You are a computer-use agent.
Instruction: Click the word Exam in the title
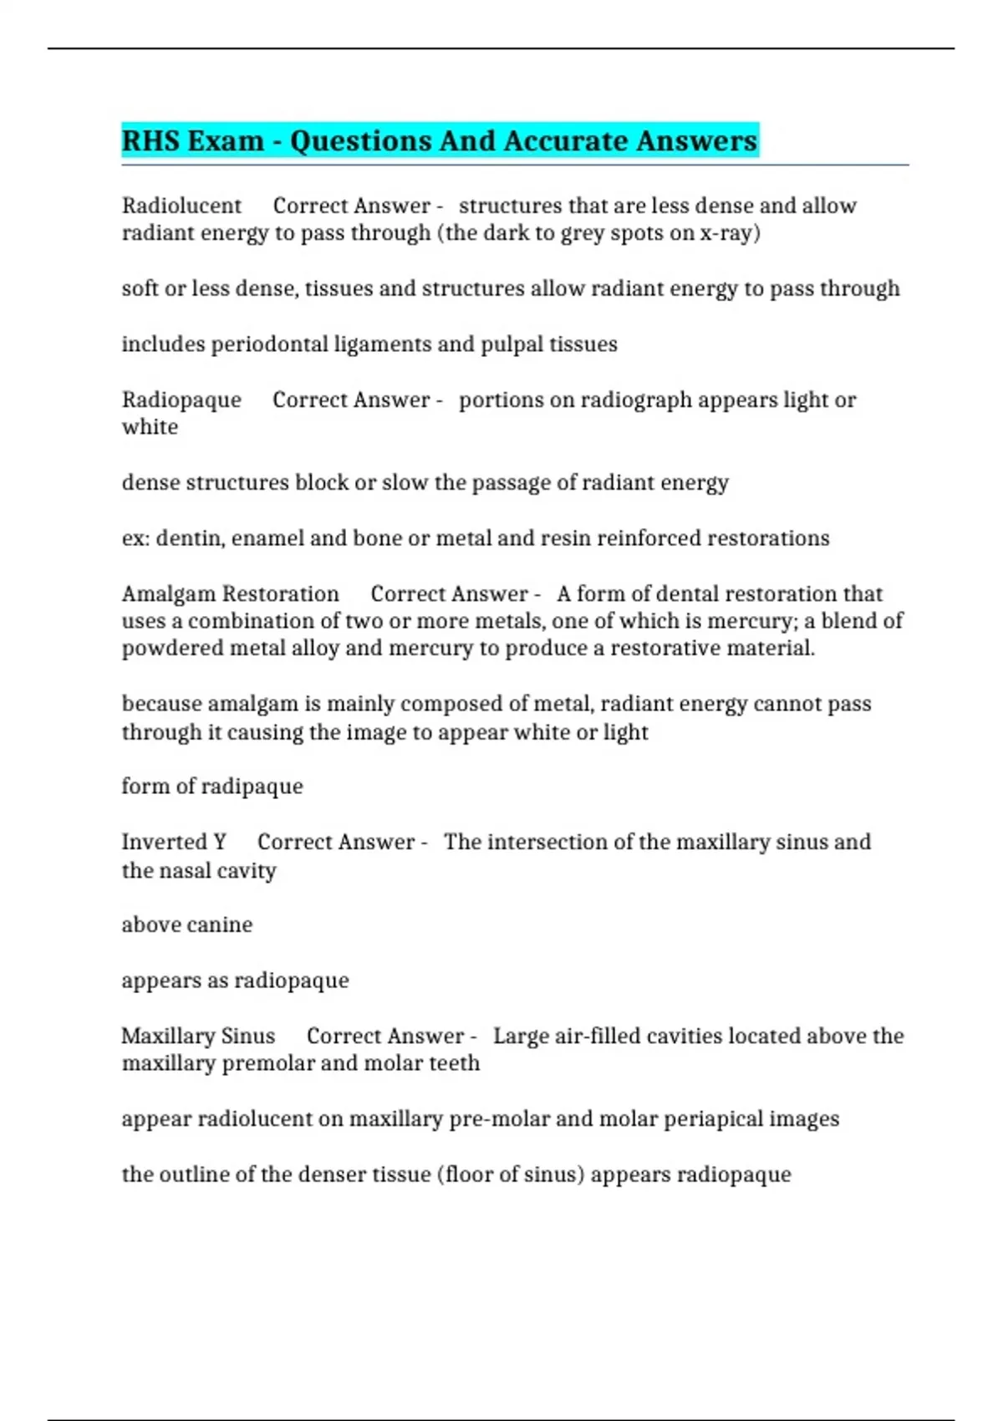pos(227,140)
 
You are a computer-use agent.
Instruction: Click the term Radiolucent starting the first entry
pos(181,206)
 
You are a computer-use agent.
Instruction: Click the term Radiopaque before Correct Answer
pos(181,400)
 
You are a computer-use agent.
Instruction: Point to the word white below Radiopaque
pos(150,427)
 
